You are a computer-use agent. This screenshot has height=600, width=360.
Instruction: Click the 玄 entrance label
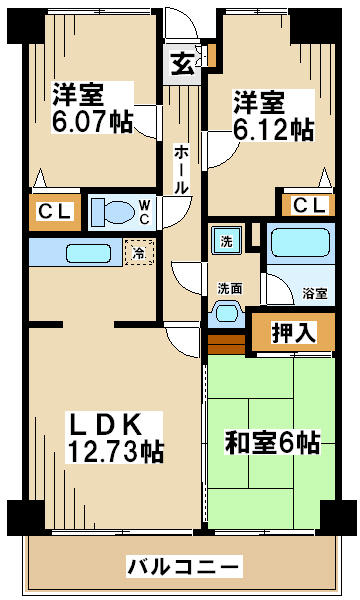[182, 64]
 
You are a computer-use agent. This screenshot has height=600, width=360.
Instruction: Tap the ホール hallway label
[181, 169]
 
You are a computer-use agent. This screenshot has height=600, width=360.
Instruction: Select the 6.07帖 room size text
[92, 122]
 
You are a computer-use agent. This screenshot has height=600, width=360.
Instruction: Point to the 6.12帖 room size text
[273, 130]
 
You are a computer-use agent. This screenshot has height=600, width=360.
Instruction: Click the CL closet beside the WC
[55, 212]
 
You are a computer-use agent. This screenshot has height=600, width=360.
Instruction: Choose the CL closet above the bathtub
[309, 205]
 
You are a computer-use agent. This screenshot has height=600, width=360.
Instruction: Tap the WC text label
[144, 212]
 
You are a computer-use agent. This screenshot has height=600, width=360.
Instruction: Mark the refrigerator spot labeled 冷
[139, 252]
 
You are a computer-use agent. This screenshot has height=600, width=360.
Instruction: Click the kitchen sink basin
[88, 253]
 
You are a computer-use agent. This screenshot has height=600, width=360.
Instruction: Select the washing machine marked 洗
[226, 240]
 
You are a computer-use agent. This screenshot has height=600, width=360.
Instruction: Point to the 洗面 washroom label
[230, 289]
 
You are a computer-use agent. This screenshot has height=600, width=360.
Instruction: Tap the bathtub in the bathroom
[300, 243]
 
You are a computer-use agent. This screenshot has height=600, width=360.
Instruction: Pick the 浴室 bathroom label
[315, 293]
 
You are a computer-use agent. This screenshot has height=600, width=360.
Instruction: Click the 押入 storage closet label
[294, 332]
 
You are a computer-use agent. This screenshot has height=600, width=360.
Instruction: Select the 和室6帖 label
[272, 442]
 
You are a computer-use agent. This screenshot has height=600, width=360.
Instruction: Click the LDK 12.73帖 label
[114, 437]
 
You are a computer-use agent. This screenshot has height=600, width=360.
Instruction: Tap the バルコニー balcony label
[184, 566]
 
